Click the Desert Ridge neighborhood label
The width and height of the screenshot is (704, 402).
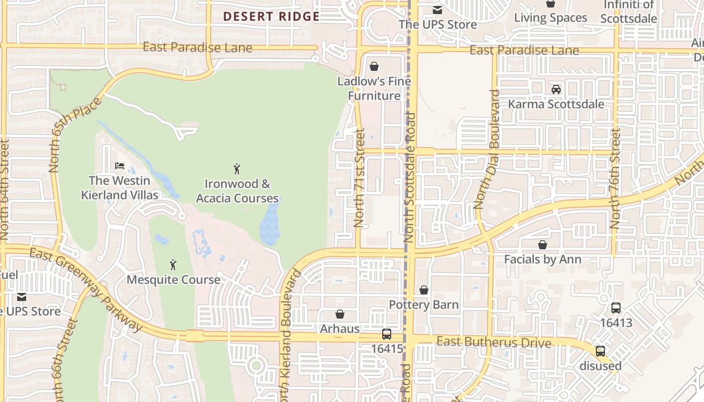271,17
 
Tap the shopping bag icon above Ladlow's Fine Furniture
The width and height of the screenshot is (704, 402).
374,66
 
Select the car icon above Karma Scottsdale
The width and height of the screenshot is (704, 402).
556,89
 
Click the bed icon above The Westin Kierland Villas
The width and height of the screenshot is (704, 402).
120,166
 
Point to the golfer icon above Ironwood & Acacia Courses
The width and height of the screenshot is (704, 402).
237,169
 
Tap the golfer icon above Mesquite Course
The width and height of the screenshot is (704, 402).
173,264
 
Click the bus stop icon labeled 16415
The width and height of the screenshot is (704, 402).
387,334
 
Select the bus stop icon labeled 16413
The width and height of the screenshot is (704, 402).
616,308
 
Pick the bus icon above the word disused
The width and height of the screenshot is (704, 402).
600,351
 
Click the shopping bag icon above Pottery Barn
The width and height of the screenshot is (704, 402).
424,290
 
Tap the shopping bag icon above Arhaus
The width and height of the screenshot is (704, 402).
340,315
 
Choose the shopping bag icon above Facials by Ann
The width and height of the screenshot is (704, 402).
543,245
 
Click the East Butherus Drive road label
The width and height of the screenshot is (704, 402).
494,342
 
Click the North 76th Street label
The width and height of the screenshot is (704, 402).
615,178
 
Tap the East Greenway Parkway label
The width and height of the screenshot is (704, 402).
86,289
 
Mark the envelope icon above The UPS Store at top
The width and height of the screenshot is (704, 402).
437,10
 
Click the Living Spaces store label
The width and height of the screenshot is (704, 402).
551,18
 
